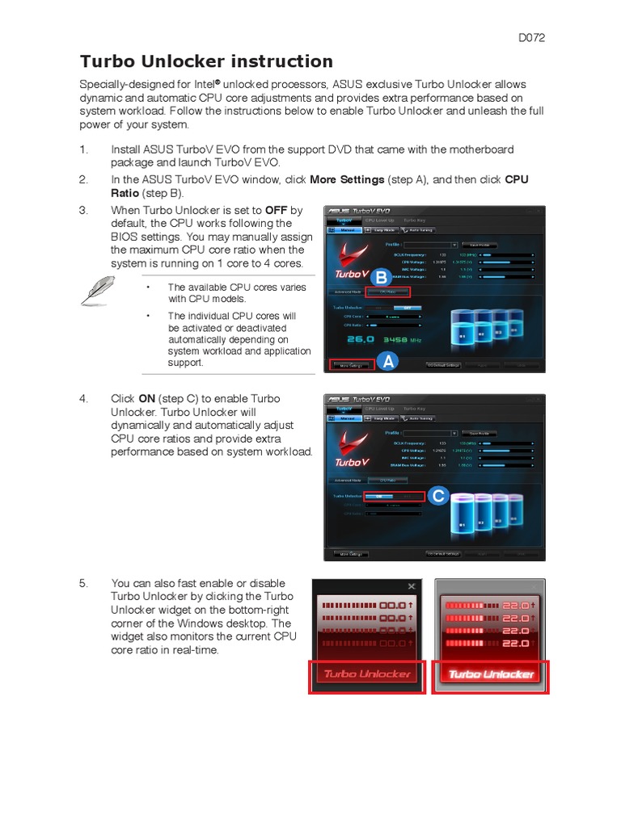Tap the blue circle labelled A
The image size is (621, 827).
389,363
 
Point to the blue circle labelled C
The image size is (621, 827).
437,496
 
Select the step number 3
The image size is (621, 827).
82,211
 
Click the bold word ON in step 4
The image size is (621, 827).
146,399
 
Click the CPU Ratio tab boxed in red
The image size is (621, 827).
388,292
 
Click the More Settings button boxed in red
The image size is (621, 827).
350,366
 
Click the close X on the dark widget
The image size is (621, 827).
412,586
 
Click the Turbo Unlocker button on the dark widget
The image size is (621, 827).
367,674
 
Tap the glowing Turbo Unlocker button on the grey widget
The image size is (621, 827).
491,674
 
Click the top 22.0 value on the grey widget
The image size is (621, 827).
515,605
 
